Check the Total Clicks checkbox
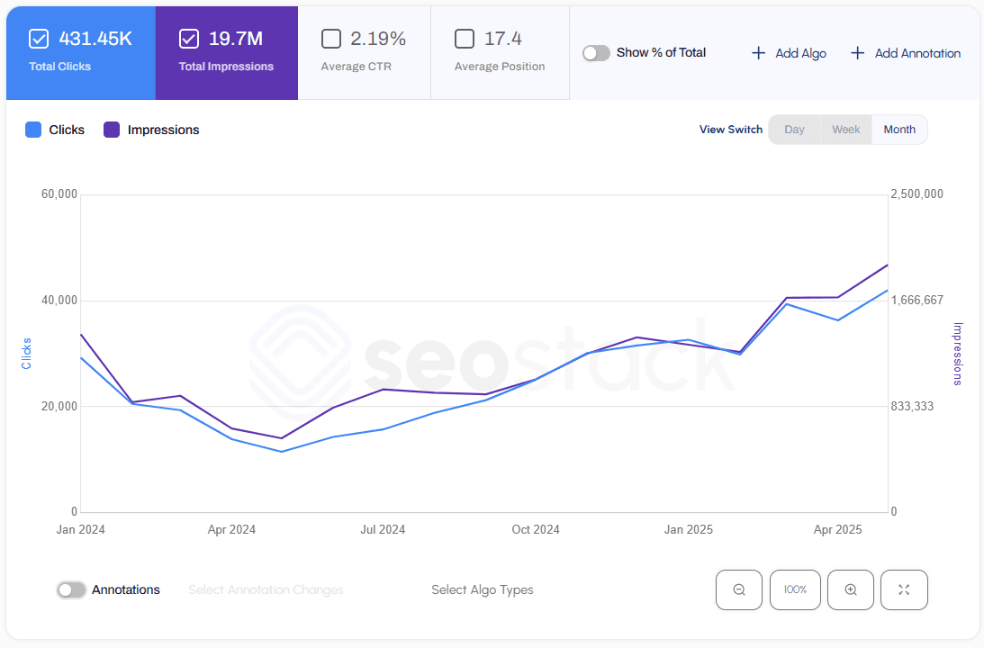click(39, 39)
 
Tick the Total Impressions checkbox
click(188, 39)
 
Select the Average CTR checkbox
click(331, 39)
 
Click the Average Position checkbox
click(465, 39)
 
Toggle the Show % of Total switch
click(596, 53)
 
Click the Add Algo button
click(789, 53)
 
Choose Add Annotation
click(905, 53)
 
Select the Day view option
click(794, 130)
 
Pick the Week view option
click(845, 130)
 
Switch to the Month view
click(898, 130)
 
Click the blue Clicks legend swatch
click(33, 130)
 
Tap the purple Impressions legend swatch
click(112, 130)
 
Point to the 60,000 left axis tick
click(59, 194)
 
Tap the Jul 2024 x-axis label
click(383, 529)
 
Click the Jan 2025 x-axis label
click(688, 529)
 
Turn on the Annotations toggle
click(71, 590)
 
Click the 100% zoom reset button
click(795, 590)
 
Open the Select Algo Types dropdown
click(482, 590)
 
